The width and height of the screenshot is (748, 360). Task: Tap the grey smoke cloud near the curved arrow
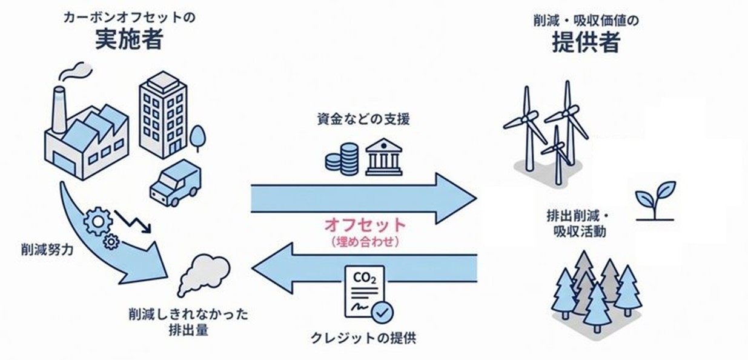point(204,274)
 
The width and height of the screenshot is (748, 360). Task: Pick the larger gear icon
point(98,221)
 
